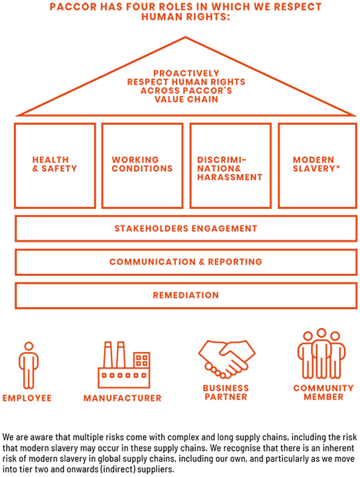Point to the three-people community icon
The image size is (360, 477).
(321, 357)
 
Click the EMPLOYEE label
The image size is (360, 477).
(27, 398)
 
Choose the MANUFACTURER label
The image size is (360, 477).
(122, 398)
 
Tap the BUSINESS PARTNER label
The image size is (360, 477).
(226, 393)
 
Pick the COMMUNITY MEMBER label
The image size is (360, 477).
(324, 393)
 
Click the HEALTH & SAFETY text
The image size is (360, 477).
(54, 164)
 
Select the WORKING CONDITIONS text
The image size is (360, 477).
(142, 164)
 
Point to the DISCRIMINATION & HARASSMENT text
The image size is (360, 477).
(230, 169)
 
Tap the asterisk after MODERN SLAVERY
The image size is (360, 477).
(338, 167)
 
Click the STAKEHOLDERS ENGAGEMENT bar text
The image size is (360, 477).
(186, 228)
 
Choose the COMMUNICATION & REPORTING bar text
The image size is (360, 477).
(186, 262)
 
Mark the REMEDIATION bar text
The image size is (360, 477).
(186, 295)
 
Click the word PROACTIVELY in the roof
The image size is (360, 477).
(186, 73)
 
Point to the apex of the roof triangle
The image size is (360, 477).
(185, 37)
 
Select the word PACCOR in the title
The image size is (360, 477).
(73, 7)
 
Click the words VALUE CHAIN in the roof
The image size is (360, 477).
(186, 99)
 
